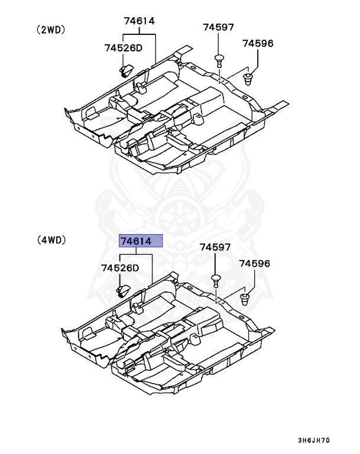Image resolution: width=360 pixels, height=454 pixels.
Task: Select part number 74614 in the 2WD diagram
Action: coord(139,21)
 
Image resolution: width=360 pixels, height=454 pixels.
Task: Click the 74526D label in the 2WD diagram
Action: coord(124,48)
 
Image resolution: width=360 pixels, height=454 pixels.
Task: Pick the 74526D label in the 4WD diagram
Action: coord(119,268)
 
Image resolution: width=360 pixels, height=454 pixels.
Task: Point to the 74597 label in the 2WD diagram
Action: coord(219,27)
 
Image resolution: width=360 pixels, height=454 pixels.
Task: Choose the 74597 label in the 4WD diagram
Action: coord(215,247)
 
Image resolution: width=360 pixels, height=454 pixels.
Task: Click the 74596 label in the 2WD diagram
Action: coord(258,43)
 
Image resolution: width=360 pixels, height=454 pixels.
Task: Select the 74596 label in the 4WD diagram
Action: coord(254,263)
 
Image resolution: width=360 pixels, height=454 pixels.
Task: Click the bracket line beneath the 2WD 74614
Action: coord(140,35)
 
